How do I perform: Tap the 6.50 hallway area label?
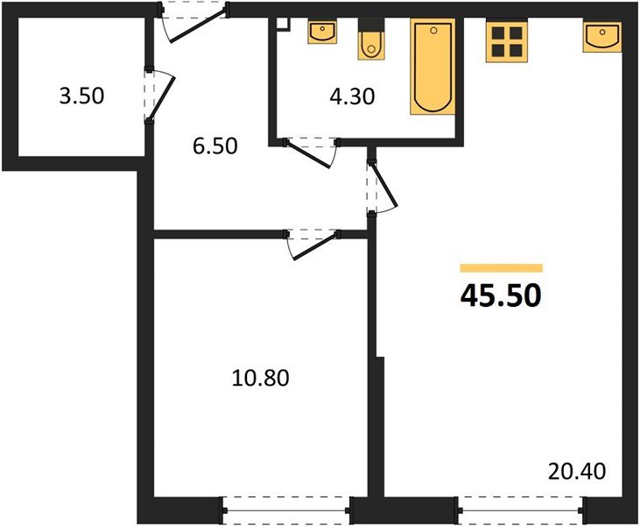[x=215, y=146]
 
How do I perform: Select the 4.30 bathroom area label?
[x=352, y=96]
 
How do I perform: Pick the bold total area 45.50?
[x=501, y=296]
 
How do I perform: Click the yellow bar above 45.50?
[x=501, y=268]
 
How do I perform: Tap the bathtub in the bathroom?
[x=433, y=68]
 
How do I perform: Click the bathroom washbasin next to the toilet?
[x=322, y=32]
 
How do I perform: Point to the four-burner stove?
[x=506, y=41]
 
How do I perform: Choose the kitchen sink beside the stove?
[x=602, y=38]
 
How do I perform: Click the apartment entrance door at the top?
[x=194, y=23]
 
